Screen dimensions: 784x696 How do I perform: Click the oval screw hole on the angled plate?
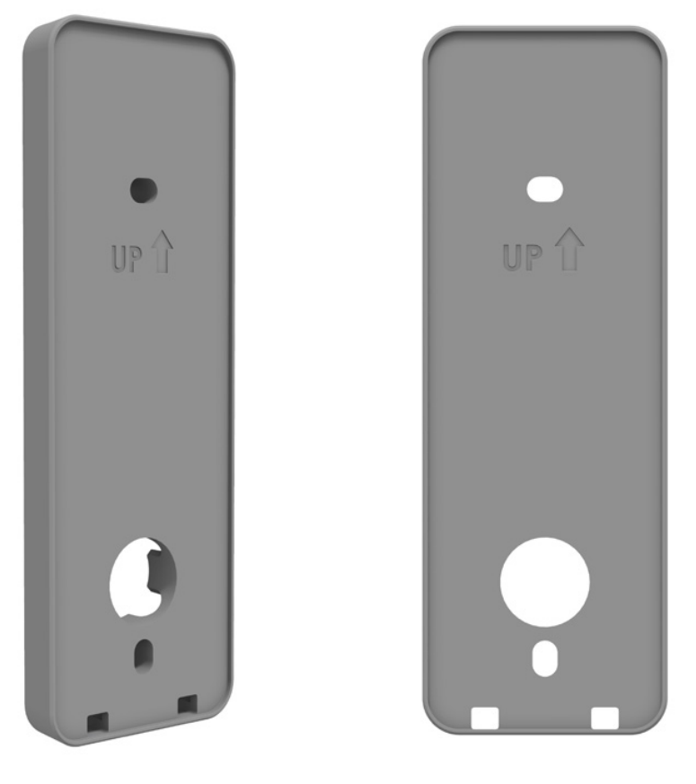(x=142, y=189)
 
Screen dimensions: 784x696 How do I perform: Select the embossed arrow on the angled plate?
(x=162, y=251)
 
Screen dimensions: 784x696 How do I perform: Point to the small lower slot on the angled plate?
(x=142, y=654)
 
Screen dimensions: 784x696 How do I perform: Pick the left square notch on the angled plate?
(x=96, y=720)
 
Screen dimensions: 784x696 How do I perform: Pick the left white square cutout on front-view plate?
(x=484, y=717)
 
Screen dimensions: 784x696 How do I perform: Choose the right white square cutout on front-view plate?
(x=605, y=717)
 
